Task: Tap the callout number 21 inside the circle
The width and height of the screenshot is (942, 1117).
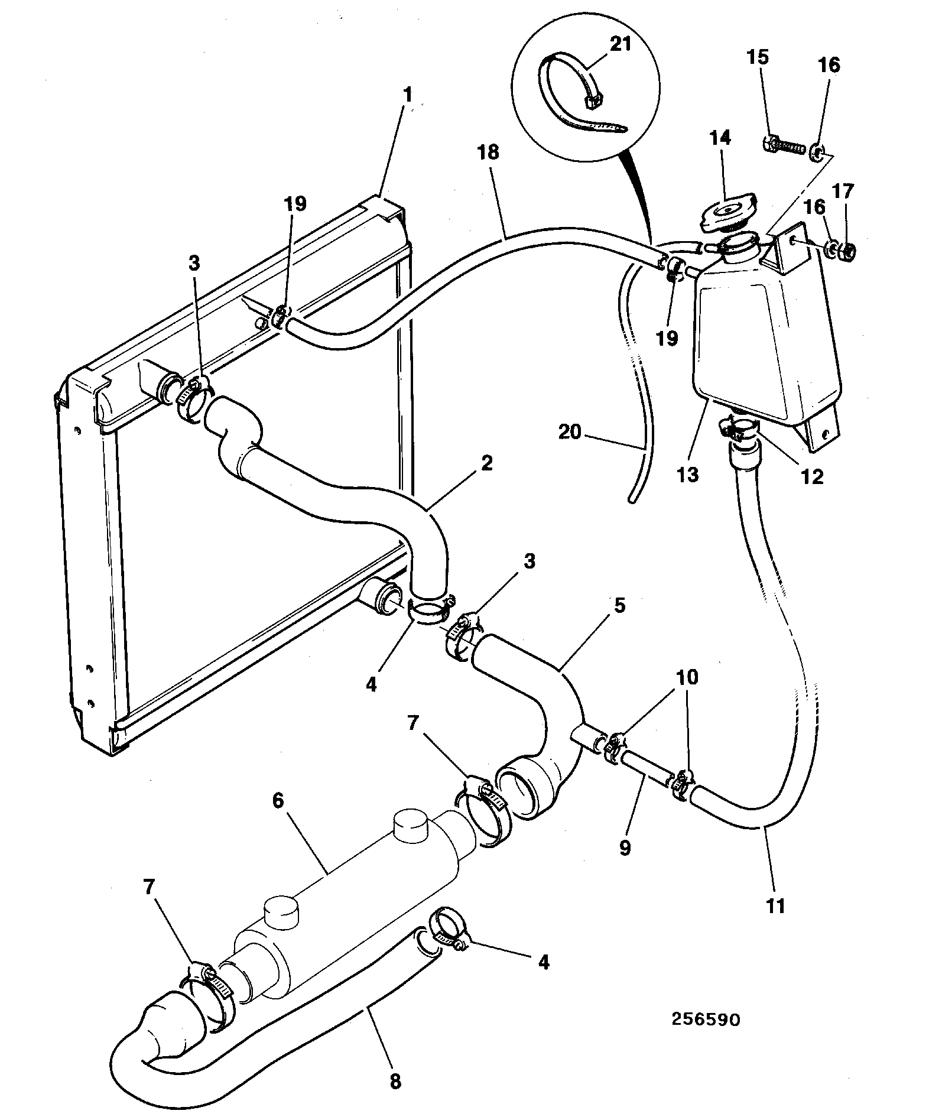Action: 620,44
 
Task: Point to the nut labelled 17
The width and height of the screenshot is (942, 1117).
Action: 847,252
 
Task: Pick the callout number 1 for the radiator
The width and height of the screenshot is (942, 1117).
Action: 408,95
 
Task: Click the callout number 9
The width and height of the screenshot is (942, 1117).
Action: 625,848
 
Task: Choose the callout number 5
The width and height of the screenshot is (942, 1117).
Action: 619,606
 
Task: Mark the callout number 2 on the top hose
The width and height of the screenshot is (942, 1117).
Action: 486,462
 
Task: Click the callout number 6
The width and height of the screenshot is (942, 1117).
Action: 278,801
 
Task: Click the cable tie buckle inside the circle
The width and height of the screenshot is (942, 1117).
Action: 593,102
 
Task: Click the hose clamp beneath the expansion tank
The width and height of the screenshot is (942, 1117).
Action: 738,429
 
